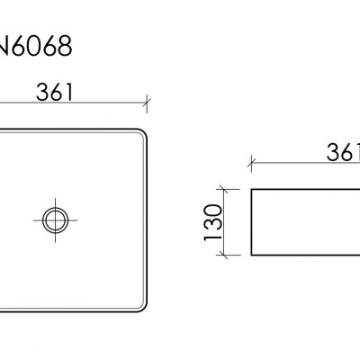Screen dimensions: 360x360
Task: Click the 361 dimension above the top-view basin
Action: tap(54, 92)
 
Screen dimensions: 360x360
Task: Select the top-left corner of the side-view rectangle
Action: tap(252, 189)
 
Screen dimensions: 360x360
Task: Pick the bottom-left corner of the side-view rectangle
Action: tap(252, 255)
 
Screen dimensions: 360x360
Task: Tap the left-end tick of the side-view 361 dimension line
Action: tap(252, 163)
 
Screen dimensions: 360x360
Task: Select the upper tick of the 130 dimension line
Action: tap(225, 189)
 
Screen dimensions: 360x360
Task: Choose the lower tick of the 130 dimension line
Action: tap(225, 255)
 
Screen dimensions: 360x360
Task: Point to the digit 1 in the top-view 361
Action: tap(70, 92)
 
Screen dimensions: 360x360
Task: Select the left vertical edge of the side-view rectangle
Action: tap(252, 221)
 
